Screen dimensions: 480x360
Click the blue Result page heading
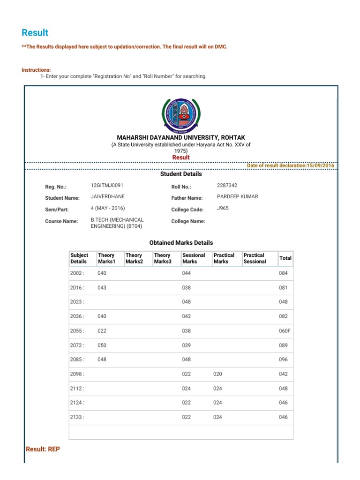click(x=35, y=32)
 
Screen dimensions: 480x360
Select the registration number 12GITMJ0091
click(x=107, y=186)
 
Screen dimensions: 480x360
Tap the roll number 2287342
click(x=227, y=186)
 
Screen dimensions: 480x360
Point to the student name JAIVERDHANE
click(x=107, y=197)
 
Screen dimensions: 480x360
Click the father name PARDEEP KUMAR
click(x=237, y=197)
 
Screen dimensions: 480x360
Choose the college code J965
click(x=223, y=208)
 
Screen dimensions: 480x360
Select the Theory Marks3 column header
click(x=163, y=258)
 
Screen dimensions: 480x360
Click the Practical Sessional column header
click(x=255, y=258)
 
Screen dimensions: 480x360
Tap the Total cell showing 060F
click(x=285, y=331)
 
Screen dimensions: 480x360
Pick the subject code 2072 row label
click(x=77, y=345)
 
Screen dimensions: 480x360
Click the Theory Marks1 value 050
click(x=102, y=345)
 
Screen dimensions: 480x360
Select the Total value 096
click(x=283, y=360)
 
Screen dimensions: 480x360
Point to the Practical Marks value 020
click(x=217, y=374)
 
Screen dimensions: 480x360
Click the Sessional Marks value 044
click(x=186, y=273)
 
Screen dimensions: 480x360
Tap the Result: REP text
click(x=43, y=449)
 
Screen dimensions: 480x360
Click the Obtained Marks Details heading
click(x=181, y=243)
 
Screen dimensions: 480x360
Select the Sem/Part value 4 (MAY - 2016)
click(x=108, y=208)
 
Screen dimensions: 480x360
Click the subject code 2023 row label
click(x=77, y=302)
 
